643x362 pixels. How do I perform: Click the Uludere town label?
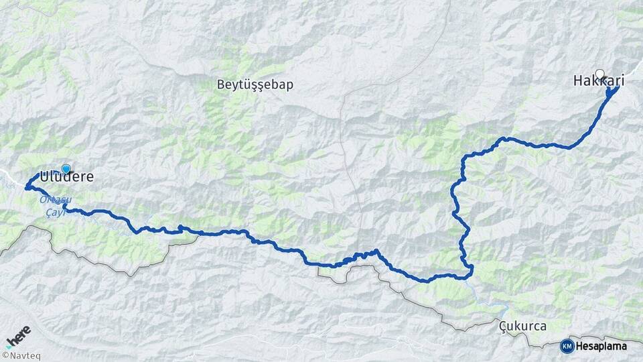click(66, 178)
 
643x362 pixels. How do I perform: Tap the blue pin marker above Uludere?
click(66, 169)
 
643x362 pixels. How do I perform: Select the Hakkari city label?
click(599, 81)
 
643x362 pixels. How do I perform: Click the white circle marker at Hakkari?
click(599, 74)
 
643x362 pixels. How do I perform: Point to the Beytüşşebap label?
click(255, 85)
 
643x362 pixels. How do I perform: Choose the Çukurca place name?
click(523, 326)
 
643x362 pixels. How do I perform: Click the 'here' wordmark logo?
click(19, 334)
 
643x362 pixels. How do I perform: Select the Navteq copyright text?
click(25, 356)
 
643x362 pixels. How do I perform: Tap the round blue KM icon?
click(567, 346)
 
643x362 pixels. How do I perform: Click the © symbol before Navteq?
click(5, 356)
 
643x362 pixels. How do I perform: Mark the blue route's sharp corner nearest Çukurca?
click(472, 268)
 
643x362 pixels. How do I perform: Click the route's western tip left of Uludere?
click(26, 187)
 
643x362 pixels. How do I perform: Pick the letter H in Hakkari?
click(578, 81)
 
